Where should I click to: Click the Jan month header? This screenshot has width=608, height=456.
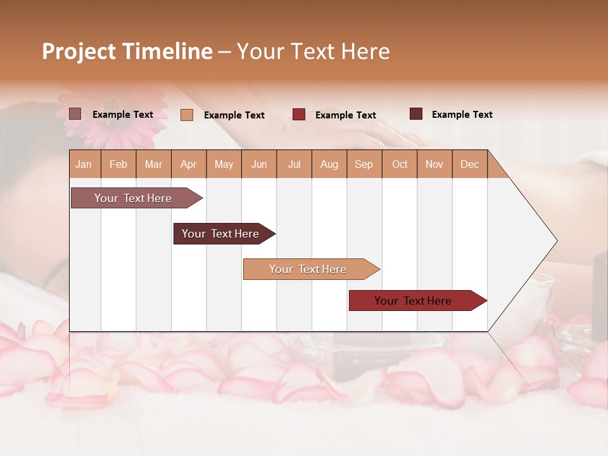click(x=84, y=164)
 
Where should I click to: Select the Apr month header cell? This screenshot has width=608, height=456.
click(x=189, y=164)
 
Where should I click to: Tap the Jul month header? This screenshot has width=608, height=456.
click(x=294, y=164)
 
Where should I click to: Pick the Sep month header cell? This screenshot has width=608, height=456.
click(x=364, y=164)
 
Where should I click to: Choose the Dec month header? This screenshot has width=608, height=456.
click(x=469, y=164)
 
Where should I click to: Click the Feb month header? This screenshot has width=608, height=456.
click(x=118, y=164)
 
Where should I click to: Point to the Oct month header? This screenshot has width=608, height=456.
click(x=400, y=164)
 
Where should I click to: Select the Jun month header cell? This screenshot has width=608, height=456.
click(x=259, y=164)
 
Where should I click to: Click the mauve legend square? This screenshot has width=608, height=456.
click(x=75, y=114)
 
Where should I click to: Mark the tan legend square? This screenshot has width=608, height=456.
click(x=187, y=115)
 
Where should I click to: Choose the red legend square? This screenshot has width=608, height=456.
click(x=299, y=115)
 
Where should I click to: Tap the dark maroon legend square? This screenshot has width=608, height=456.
click(x=416, y=114)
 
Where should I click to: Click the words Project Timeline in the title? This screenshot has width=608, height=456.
click(x=127, y=51)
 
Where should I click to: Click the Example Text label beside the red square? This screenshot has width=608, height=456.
click(x=345, y=115)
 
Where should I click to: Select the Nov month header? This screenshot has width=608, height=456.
click(x=434, y=164)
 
